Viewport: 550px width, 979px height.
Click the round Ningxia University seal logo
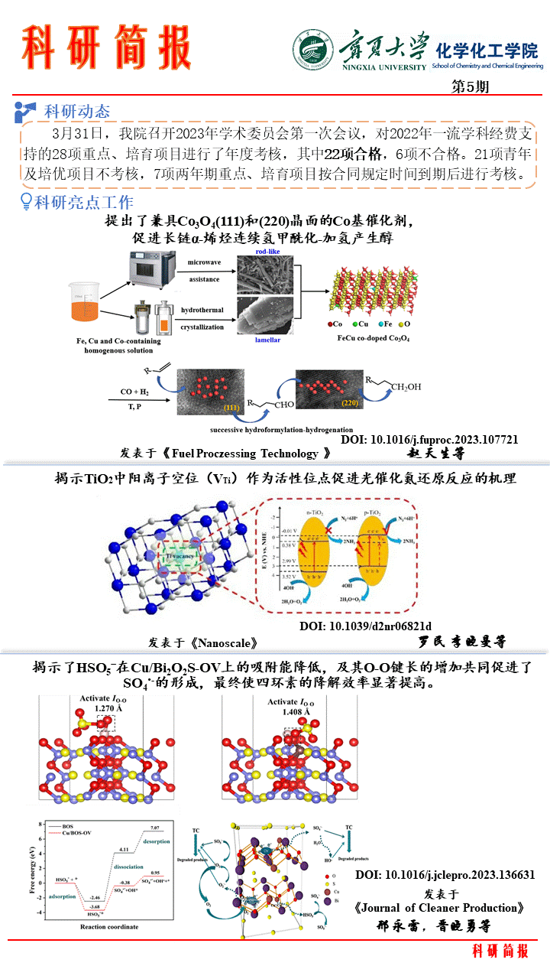pyautogui.click(x=313, y=50)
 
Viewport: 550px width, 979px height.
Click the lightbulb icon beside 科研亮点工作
pyautogui.click(x=26, y=202)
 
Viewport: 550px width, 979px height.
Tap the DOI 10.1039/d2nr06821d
pyautogui.click(x=365, y=625)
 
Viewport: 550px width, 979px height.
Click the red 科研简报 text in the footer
pyautogui.click(x=500, y=951)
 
